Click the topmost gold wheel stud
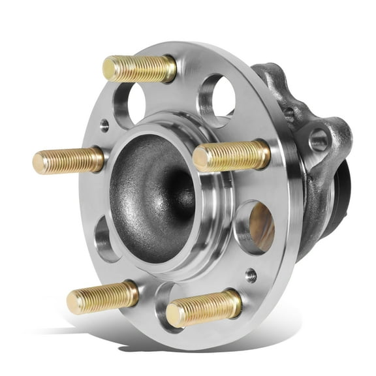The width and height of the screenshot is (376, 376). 140,69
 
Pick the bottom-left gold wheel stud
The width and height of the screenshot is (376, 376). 102,297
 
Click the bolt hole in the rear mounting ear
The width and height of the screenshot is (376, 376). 320,140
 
